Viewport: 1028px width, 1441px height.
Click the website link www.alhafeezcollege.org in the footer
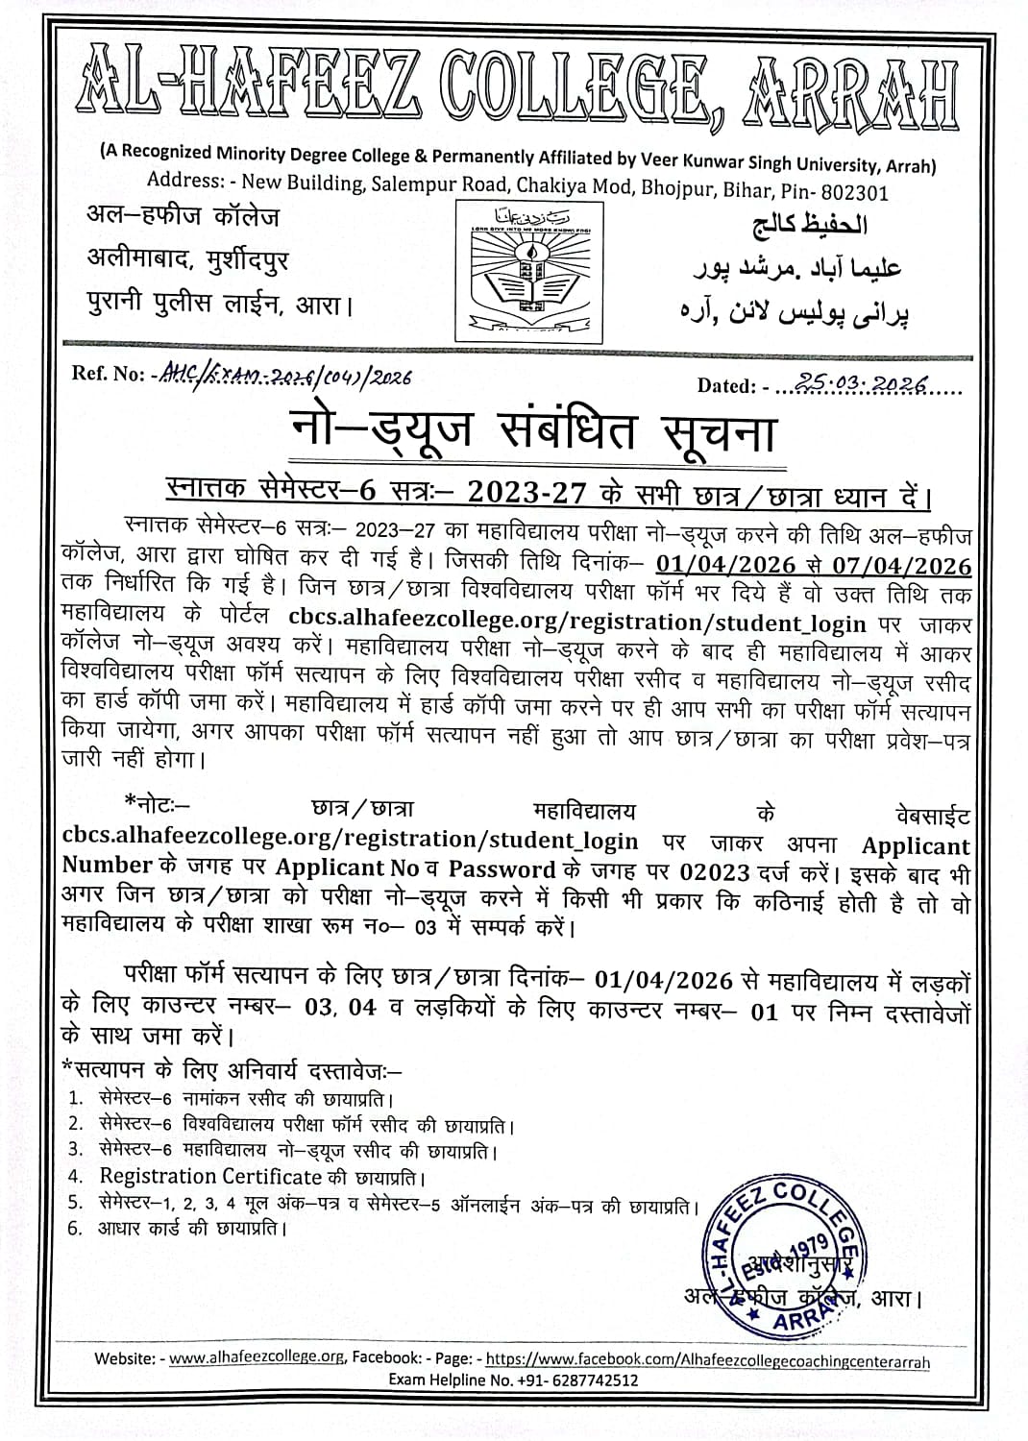tap(256, 1358)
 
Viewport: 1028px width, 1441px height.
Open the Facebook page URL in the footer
tap(707, 1359)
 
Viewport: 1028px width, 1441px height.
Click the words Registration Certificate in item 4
tap(210, 1177)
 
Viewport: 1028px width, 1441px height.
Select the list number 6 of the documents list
tap(75, 1228)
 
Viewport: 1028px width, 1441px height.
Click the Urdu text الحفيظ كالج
tap(807, 225)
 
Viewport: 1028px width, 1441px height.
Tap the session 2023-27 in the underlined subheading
tap(526, 494)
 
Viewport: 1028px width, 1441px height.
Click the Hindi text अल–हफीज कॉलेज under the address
tap(183, 217)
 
